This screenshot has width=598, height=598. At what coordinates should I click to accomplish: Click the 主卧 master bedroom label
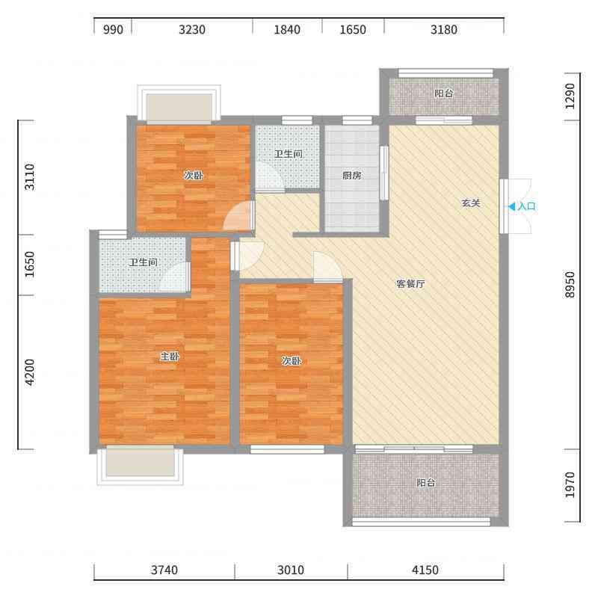pyautogui.click(x=170, y=357)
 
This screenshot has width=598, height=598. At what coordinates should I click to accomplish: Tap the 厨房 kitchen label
pyautogui.click(x=351, y=176)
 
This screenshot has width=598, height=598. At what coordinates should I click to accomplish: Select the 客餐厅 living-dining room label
pyautogui.click(x=410, y=284)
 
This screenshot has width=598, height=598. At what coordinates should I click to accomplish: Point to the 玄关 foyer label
pyautogui.click(x=471, y=203)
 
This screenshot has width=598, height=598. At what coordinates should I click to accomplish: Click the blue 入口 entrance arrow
pyautogui.click(x=512, y=207)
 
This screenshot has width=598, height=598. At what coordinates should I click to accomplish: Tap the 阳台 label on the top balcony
pyautogui.click(x=444, y=93)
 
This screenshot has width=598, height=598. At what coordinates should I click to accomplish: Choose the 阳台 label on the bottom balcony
pyautogui.click(x=426, y=482)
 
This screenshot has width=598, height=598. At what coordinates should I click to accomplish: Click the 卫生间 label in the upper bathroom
pyautogui.click(x=289, y=154)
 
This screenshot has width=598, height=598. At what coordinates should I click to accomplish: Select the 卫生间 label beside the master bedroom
pyautogui.click(x=143, y=262)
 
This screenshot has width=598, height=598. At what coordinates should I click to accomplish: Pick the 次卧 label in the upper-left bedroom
pyautogui.click(x=194, y=176)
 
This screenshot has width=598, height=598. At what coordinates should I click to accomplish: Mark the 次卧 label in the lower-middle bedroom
pyautogui.click(x=292, y=360)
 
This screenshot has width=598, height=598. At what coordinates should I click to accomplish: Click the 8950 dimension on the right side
pyautogui.click(x=570, y=285)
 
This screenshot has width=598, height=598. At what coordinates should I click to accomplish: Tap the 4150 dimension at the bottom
pyautogui.click(x=425, y=570)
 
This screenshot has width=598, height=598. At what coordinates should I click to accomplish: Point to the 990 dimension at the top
pyautogui.click(x=113, y=29)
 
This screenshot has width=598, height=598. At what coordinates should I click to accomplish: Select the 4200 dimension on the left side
pyautogui.click(x=29, y=372)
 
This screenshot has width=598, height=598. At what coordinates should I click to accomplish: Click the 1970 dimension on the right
pyautogui.click(x=570, y=484)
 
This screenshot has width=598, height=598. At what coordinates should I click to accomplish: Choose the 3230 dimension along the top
pyautogui.click(x=192, y=29)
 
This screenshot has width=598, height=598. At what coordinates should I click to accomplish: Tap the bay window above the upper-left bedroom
pyautogui.click(x=179, y=104)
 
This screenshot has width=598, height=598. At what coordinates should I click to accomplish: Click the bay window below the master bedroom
pyautogui.click(x=140, y=465)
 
